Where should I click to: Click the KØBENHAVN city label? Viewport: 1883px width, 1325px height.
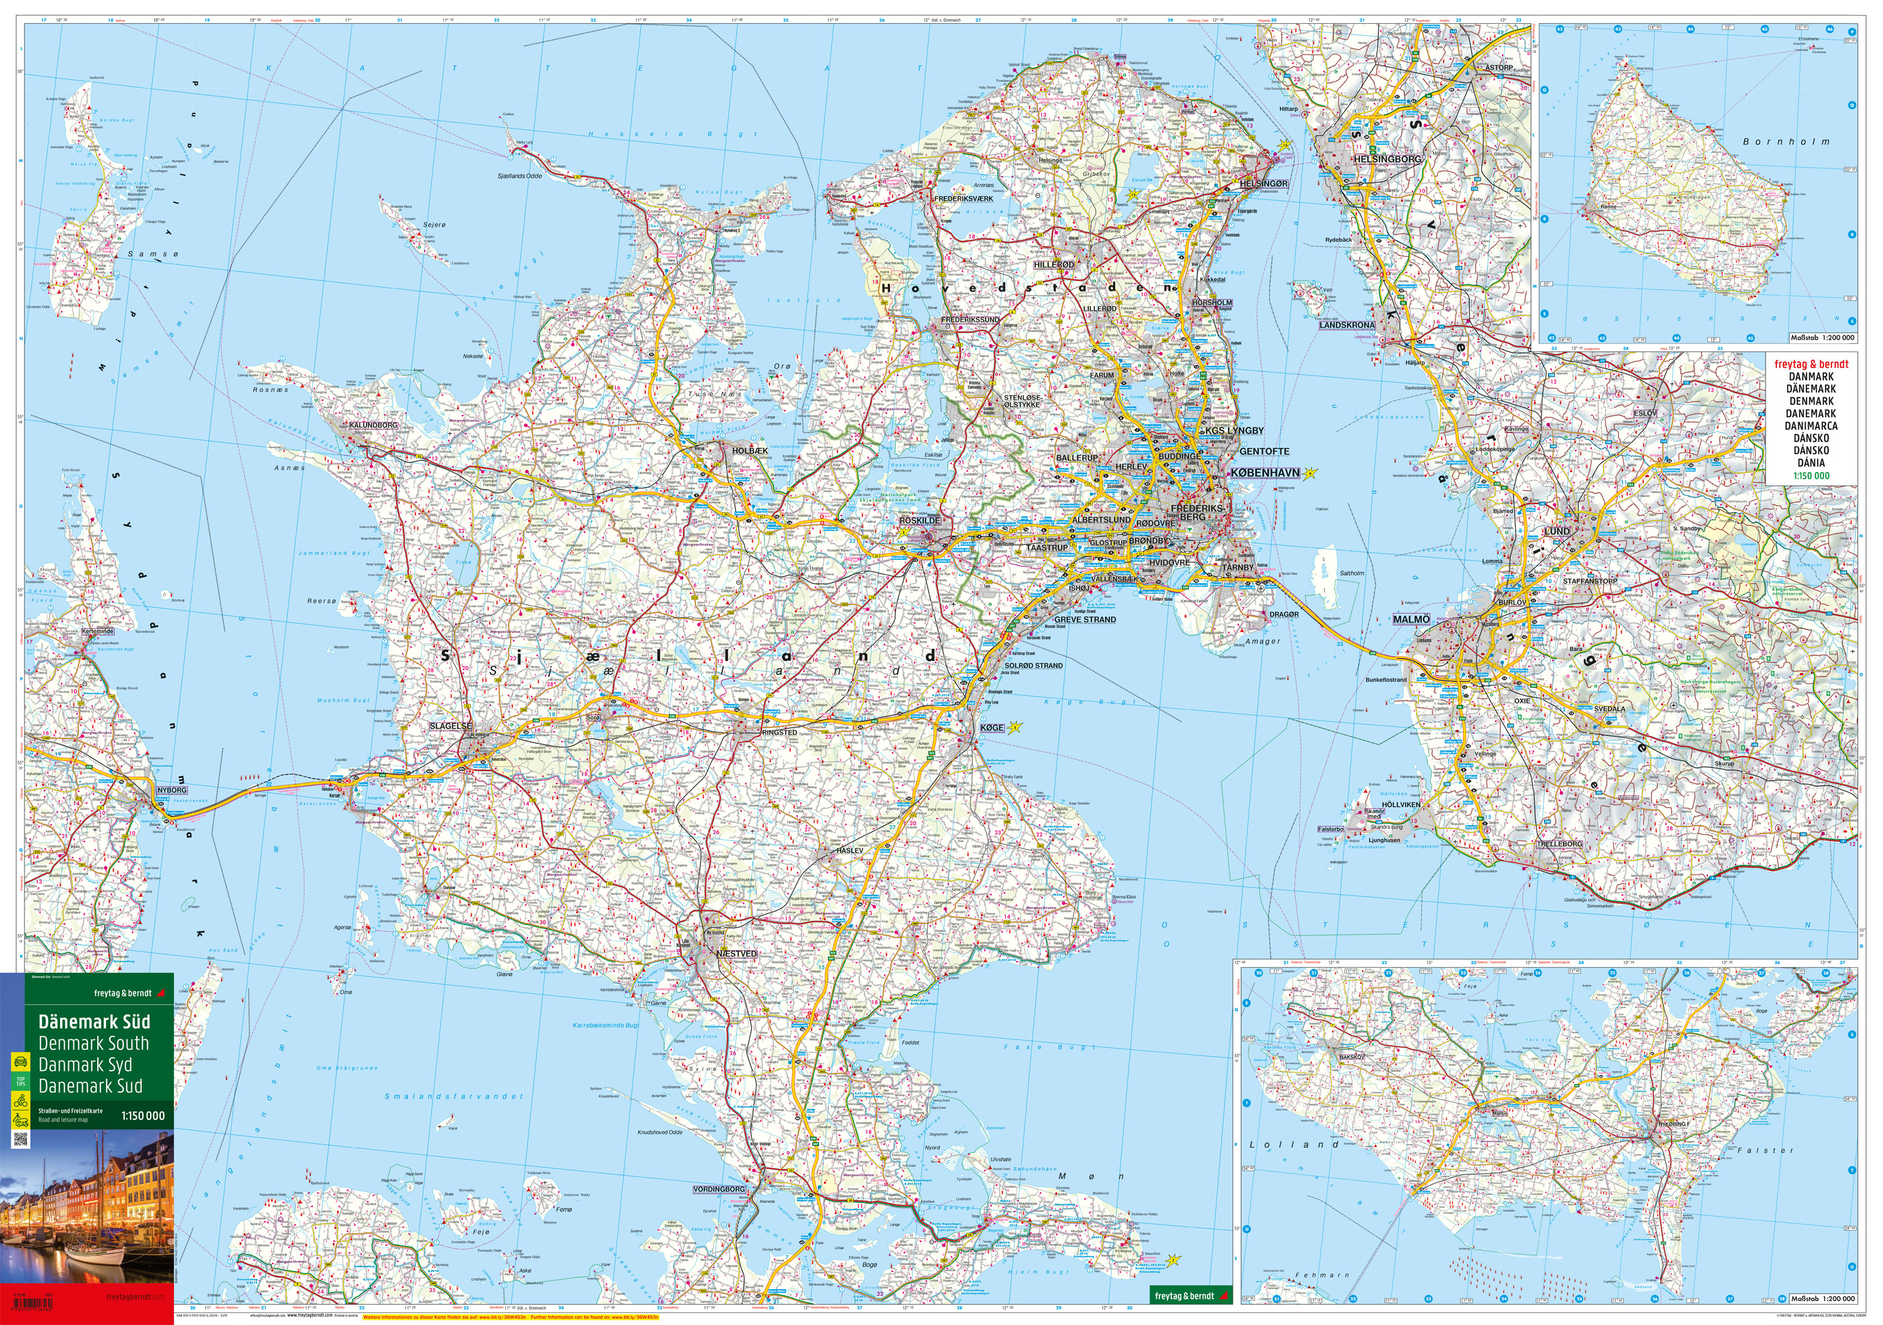click(1265, 473)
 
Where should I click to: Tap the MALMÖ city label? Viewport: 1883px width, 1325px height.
click(1410, 620)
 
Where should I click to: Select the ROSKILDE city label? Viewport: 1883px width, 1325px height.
click(920, 521)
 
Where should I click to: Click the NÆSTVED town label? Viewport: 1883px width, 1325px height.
click(736, 953)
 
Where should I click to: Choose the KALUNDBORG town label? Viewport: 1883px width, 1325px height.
click(373, 425)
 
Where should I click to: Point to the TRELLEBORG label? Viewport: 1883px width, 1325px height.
click(1559, 844)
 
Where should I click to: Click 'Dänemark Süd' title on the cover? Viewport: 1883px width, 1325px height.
click(94, 1022)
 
